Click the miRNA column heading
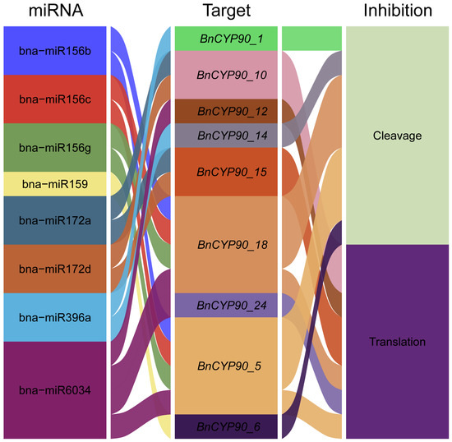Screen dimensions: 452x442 point(56,11)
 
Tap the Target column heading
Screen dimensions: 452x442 point(227,12)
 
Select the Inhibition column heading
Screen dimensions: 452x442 point(398,11)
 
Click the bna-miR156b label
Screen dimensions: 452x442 point(55,51)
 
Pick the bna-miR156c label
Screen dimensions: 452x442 point(55,99)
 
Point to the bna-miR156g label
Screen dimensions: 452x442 point(55,149)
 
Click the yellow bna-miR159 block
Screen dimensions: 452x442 point(55,184)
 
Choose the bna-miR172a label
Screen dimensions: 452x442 point(55,221)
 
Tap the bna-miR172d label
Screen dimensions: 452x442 point(55,269)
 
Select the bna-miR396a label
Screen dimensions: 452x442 point(55,317)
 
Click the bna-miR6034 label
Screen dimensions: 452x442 point(55,390)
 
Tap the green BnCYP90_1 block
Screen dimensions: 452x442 point(226,39)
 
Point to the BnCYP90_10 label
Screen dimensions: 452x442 point(232,76)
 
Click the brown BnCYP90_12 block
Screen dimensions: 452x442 point(226,112)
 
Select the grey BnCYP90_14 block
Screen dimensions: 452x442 point(226,136)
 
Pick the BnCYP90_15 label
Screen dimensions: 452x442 point(232,173)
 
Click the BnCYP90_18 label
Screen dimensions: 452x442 point(233,245)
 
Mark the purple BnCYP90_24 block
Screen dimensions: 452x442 point(226,306)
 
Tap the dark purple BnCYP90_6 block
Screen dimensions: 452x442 point(226,426)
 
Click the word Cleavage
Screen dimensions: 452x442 point(397,136)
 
